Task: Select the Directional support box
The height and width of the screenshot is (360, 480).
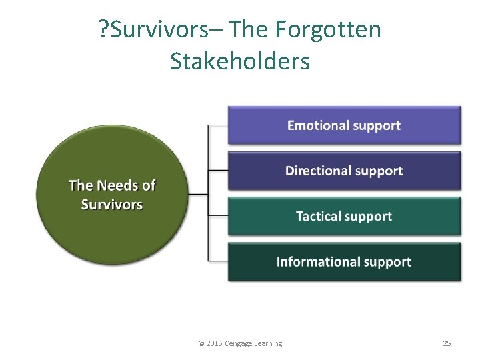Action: click(x=344, y=171)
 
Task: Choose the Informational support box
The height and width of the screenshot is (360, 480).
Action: click(x=344, y=262)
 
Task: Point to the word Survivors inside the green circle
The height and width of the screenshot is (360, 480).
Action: click(x=111, y=205)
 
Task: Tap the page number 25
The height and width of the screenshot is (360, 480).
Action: click(x=447, y=343)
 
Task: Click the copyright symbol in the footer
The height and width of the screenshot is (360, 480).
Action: click(x=201, y=343)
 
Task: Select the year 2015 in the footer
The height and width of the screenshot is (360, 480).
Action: click(x=215, y=343)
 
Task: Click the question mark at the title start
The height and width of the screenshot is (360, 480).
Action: click(x=103, y=30)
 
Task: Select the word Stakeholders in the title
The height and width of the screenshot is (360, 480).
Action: click(x=240, y=61)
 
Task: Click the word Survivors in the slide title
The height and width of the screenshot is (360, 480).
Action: click(x=166, y=30)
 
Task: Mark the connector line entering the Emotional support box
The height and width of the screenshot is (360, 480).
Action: click(x=219, y=125)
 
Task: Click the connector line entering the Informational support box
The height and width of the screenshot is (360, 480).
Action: click(x=219, y=260)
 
